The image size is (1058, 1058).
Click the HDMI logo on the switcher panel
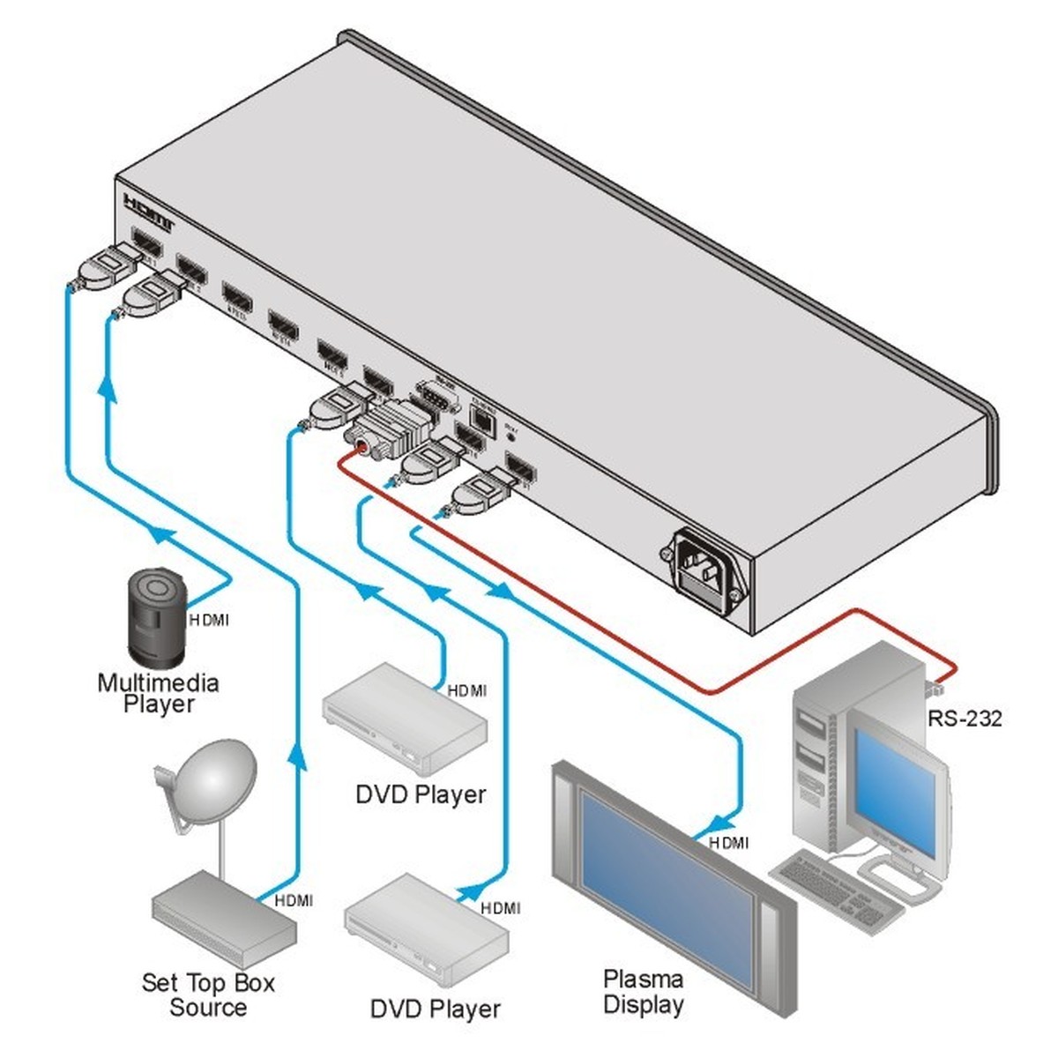(x=150, y=209)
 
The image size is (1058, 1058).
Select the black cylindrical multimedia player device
(x=157, y=617)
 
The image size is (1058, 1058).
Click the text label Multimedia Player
(x=158, y=693)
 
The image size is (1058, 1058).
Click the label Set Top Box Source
(x=208, y=995)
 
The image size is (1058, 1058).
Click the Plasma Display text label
(x=644, y=991)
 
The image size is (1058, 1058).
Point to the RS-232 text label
(x=965, y=719)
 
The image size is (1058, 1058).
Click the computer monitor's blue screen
(x=895, y=793)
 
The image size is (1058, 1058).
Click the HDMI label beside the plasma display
(x=729, y=843)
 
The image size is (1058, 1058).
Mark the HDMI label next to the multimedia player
(x=209, y=620)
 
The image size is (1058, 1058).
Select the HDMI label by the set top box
(x=294, y=900)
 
